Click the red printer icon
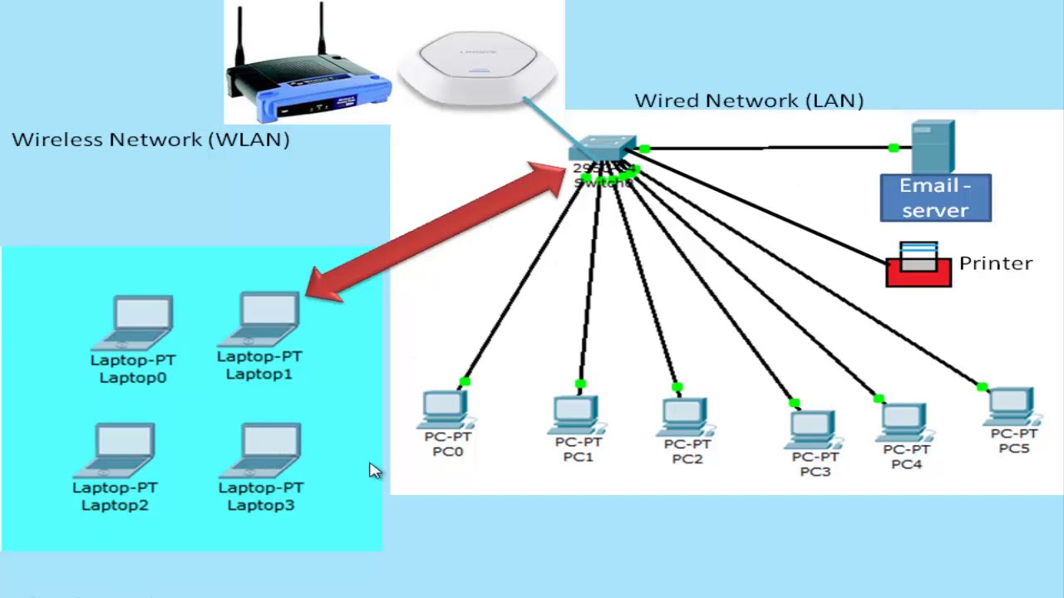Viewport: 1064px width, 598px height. click(919, 266)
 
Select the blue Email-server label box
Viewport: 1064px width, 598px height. click(935, 198)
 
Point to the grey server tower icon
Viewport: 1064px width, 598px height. click(933, 146)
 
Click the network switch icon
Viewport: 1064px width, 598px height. click(603, 149)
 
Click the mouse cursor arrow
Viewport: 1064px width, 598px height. click(374, 470)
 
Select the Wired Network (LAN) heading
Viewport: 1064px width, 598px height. click(749, 100)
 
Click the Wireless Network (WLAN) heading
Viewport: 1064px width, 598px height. click(150, 140)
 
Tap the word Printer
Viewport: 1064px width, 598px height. click(995, 263)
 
